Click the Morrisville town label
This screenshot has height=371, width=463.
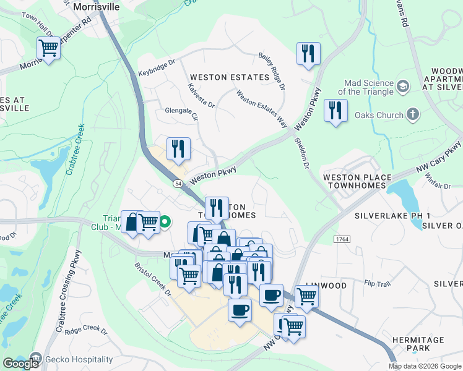(95, 7)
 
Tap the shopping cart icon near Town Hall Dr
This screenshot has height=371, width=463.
(48, 48)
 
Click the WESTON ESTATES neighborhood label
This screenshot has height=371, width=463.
(230, 77)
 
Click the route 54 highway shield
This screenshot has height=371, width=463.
(178, 184)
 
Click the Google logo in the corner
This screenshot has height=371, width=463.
(20, 364)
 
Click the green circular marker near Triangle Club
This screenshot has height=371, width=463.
(165, 222)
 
